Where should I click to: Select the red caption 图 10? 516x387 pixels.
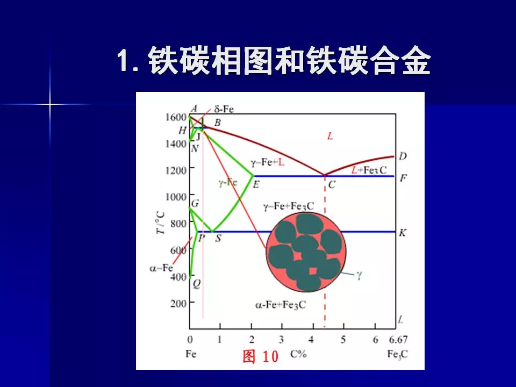261,356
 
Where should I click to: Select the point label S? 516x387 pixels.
218,238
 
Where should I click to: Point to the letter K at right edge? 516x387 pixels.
403,233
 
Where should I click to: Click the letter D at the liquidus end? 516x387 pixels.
403,156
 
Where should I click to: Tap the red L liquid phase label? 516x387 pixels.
330,137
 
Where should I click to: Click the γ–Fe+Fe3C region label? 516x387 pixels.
289,206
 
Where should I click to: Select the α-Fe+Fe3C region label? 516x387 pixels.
280,305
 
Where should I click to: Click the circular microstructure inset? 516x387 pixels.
306,252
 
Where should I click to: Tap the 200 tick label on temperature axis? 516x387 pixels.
178,303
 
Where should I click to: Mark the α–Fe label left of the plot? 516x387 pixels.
161,267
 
